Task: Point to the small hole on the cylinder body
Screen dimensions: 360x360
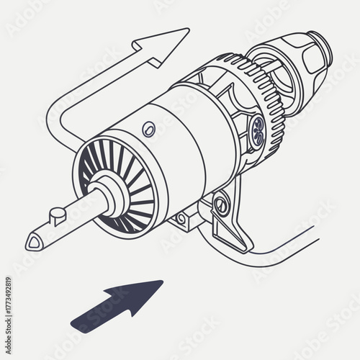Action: tap(149, 129)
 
